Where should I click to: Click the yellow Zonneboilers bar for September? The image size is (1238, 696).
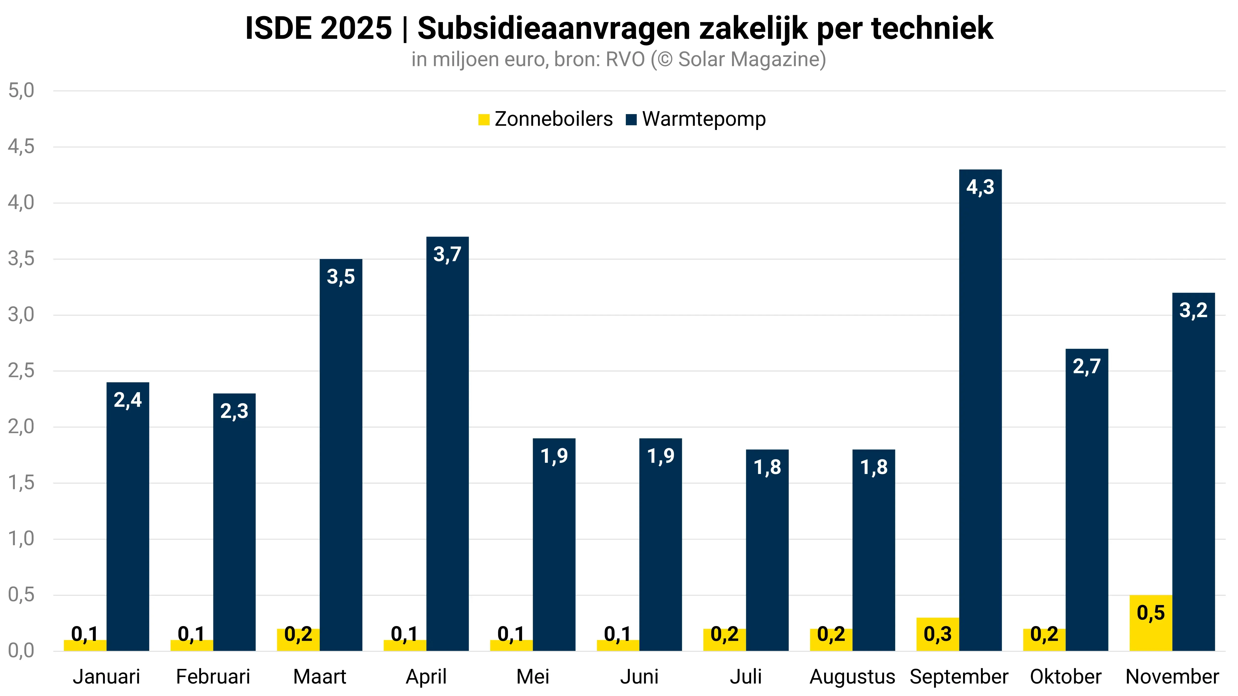tap(938, 634)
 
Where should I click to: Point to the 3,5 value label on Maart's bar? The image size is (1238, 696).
tap(341, 277)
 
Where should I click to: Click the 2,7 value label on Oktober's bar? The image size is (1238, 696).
tap(1087, 367)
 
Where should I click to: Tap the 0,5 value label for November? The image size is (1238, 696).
tap(1151, 613)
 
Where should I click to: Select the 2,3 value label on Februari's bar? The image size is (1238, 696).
tap(234, 411)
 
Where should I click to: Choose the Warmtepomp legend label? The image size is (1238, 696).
tap(703, 119)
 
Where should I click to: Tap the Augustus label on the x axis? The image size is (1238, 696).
tap(852, 676)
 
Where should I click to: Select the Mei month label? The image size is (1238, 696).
tap(533, 676)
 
